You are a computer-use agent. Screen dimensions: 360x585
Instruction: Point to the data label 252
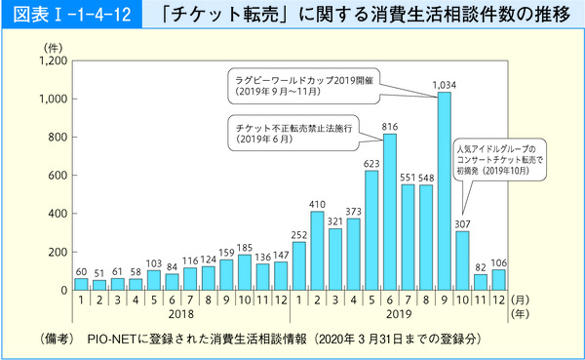298,235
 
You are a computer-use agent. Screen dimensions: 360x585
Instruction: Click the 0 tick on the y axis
62,290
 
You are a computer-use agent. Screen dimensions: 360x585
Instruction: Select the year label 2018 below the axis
180,316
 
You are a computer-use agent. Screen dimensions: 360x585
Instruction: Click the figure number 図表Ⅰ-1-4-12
72,17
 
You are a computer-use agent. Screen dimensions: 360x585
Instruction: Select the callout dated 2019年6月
292,133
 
